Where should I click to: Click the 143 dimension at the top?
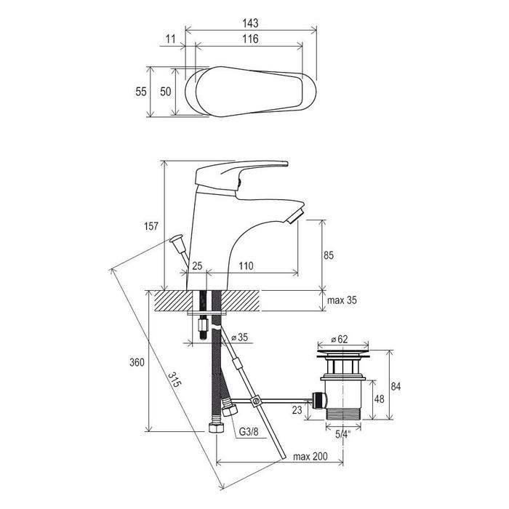click(x=250, y=23)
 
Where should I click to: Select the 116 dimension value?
click(x=250, y=39)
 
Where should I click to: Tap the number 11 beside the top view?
click(x=170, y=39)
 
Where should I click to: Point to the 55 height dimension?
click(x=141, y=92)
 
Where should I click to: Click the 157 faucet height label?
click(x=151, y=226)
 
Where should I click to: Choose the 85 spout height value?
click(x=328, y=255)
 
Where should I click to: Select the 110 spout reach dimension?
click(x=246, y=266)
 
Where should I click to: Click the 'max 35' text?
click(x=342, y=300)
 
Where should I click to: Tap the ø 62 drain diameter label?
click(x=340, y=340)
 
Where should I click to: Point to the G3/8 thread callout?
click(x=249, y=432)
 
